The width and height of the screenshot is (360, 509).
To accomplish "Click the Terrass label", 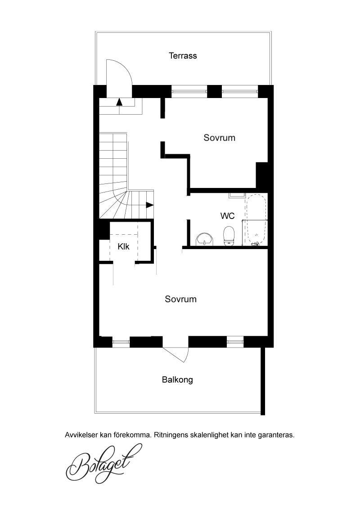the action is (183, 55).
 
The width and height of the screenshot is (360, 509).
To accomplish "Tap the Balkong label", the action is (177, 380).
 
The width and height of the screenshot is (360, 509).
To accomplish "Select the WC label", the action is (227, 216).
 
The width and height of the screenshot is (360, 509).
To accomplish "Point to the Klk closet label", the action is (123, 247).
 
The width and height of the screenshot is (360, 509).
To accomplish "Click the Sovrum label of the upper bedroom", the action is (219, 138).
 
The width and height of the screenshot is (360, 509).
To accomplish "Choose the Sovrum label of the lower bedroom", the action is (180, 299).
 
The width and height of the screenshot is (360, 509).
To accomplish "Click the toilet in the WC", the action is (229, 237).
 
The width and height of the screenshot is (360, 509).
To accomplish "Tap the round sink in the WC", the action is (204, 239).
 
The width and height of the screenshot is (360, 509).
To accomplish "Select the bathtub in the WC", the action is (256, 220).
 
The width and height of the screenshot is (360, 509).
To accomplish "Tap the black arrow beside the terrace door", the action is (120, 102).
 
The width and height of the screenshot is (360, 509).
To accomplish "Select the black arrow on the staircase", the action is (149, 205).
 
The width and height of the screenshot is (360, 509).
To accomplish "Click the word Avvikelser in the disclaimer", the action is (81, 435).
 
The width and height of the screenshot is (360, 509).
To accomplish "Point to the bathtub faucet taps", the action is (255, 243).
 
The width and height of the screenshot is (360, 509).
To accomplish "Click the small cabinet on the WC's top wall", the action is (237, 195).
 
